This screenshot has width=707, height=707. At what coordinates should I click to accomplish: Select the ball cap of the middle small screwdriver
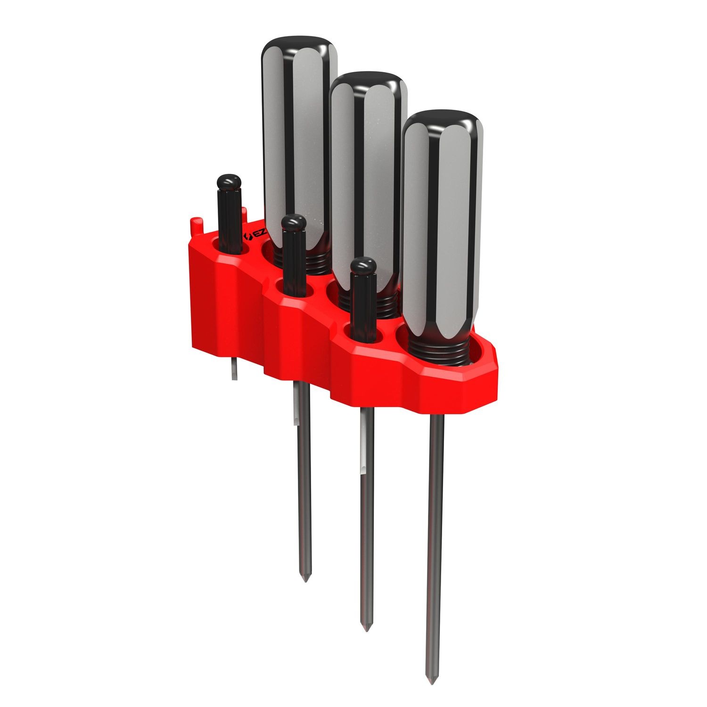click(x=294, y=222)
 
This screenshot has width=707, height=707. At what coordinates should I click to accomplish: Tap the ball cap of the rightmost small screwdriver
click(x=363, y=266)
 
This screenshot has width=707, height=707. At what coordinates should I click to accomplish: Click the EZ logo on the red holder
click(x=248, y=234)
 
